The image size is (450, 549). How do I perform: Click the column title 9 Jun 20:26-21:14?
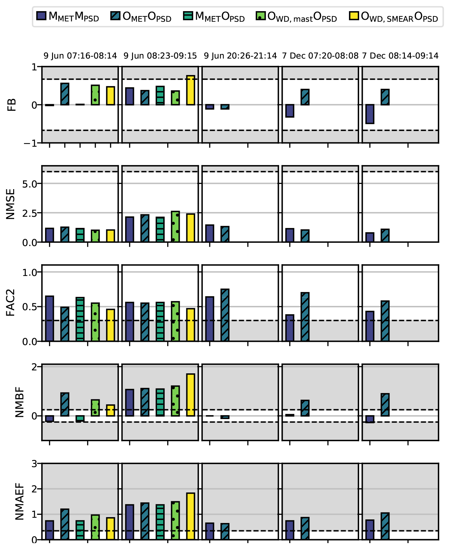tap(240, 56)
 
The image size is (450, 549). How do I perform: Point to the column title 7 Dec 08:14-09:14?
tap(400, 56)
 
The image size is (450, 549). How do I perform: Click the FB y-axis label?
tap(12, 105)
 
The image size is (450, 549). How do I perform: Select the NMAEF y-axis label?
tap(20, 501)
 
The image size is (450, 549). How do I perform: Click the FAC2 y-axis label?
tap(11, 303)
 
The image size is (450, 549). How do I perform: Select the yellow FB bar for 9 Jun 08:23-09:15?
tap(191, 90)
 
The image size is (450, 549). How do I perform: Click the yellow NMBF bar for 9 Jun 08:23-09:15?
tap(191, 395)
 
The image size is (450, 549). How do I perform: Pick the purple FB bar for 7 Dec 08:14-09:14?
tap(370, 114)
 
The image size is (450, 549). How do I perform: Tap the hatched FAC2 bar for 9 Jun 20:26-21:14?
tap(225, 315)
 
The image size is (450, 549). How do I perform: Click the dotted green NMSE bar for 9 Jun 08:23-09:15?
tap(175, 227)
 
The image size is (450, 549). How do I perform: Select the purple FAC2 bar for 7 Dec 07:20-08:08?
tap(290, 328)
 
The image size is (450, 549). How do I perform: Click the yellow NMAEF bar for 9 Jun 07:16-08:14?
tap(111, 529)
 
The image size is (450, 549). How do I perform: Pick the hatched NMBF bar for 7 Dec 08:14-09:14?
tap(385, 405)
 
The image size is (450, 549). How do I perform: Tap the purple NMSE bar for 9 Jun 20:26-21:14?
tap(210, 234)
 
